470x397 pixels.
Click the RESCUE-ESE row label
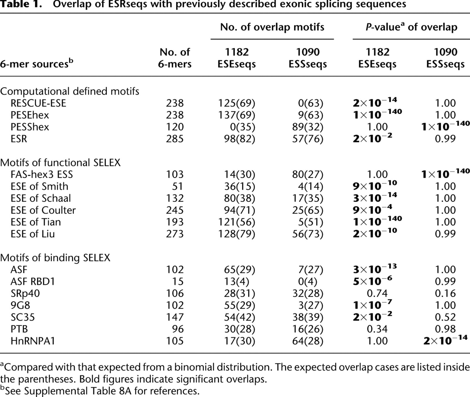click(x=38, y=103)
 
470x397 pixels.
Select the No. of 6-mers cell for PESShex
click(x=175, y=127)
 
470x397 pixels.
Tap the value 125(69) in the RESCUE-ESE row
click(x=236, y=103)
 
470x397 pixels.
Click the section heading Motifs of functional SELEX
click(x=60, y=163)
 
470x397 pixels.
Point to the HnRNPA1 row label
click(x=33, y=341)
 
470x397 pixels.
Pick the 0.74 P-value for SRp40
click(x=377, y=293)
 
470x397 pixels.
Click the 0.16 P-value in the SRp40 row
click(x=445, y=293)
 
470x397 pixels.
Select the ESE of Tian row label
click(x=36, y=222)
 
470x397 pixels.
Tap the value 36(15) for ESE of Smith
click(x=239, y=187)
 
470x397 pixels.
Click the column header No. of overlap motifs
click(x=272, y=27)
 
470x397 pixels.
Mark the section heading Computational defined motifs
click(x=70, y=91)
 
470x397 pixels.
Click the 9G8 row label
click(x=20, y=305)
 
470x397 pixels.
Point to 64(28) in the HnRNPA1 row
click(x=307, y=341)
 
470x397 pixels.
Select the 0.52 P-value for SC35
click(x=445, y=317)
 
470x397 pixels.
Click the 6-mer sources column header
click(x=37, y=64)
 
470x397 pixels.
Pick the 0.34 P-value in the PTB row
click(x=377, y=329)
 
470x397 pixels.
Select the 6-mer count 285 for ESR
click(x=175, y=139)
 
